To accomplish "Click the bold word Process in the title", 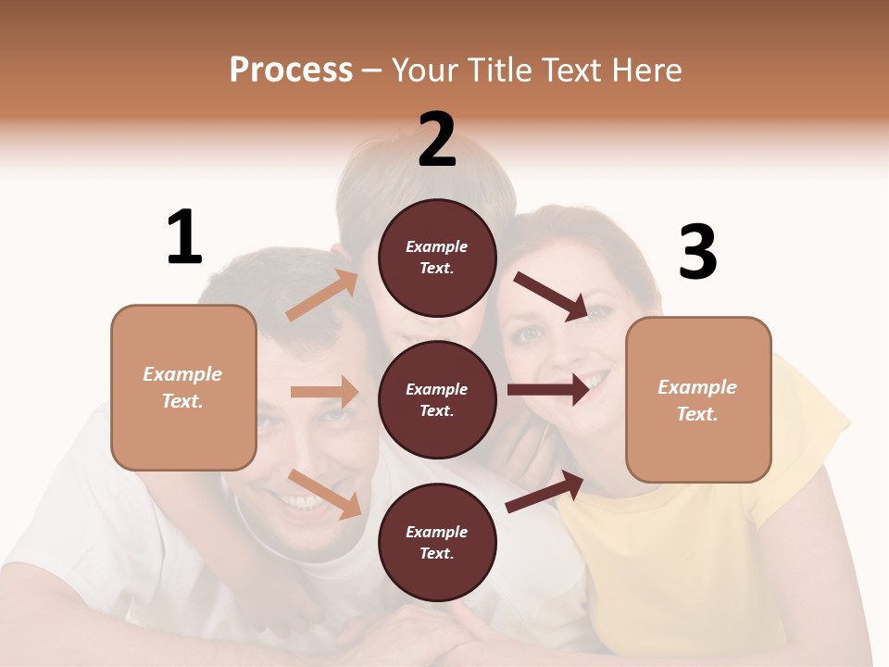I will pyautogui.click(x=291, y=70).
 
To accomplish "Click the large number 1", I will pyautogui.click(x=184, y=238).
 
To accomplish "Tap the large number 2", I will pyautogui.click(x=437, y=140).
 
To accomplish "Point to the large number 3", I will pyautogui.click(x=697, y=253).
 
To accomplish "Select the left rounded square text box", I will pyautogui.click(x=183, y=387).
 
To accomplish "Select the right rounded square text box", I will pyautogui.click(x=698, y=400).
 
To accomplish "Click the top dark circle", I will pyautogui.click(x=437, y=258).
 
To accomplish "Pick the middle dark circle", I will pyautogui.click(x=437, y=399).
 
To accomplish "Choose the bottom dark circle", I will pyautogui.click(x=437, y=542).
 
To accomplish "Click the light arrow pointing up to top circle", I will pyautogui.click(x=321, y=296).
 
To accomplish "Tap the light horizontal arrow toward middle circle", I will pyautogui.click(x=324, y=392).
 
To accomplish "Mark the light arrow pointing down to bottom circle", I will pyautogui.click(x=324, y=494).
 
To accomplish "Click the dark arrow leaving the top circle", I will pyautogui.click(x=551, y=296).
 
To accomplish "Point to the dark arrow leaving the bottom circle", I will pyautogui.click(x=545, y=491).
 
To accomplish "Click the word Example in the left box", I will pyautogui.click(x=182, y=374).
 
